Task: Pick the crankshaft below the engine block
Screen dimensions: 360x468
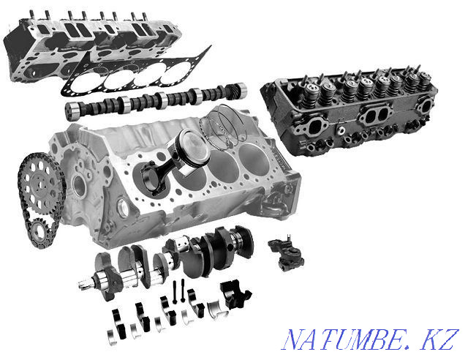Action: tap(183, 260)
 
